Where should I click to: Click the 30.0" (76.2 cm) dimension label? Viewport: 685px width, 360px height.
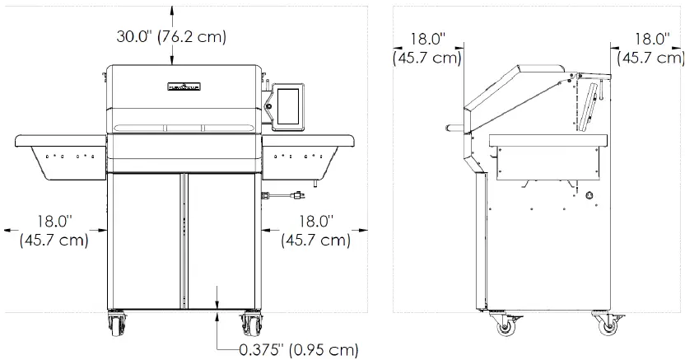[170, 37]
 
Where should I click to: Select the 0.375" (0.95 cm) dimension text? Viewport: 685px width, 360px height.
[298, 349]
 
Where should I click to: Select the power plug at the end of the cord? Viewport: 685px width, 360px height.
[299, 196]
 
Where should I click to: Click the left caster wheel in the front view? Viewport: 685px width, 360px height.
[115, 323]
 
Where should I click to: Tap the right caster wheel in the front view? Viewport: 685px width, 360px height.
[250, 323]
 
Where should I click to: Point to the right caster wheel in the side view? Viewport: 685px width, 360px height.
[608, 327]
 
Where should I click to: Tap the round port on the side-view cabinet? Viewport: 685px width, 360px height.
[589, 196]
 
